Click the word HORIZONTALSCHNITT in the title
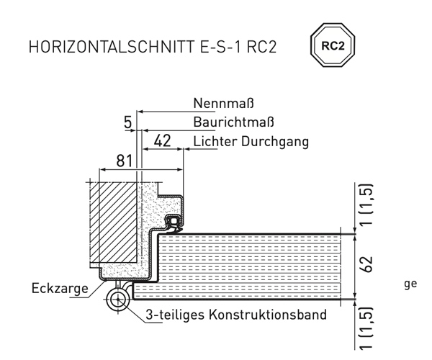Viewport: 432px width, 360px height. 112,47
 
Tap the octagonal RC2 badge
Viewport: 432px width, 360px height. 333,45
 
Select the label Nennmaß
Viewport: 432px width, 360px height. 223,104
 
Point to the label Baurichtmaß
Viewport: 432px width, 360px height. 233,122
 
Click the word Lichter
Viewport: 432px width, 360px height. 215,141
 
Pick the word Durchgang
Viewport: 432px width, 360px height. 275,142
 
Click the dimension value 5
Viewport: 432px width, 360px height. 128,122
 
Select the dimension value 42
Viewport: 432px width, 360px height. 162,141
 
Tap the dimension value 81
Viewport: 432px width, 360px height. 125,161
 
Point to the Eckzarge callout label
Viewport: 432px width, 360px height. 60,289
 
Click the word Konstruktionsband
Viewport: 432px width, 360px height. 268,315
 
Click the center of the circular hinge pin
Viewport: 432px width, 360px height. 118,299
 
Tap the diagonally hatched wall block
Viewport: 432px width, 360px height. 113,222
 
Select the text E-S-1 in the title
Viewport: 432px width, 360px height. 220,47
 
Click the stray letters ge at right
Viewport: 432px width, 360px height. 410,284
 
